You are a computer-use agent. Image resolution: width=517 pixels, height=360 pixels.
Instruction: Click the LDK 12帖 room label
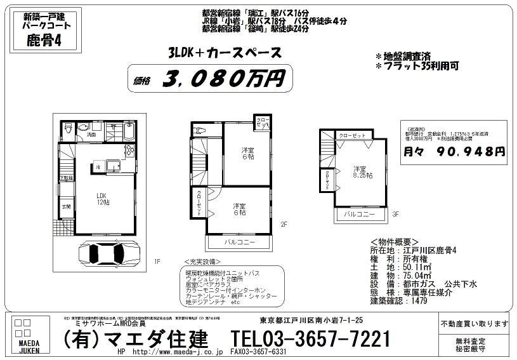(x=103, y=199)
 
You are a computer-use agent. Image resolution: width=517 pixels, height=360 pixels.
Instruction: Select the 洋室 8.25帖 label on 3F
(x=363, y=171)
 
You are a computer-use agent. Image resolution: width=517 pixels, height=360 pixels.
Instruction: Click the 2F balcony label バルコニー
(x=240, y=243)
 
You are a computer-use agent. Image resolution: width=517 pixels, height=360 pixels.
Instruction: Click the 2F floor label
(x=284, y=223)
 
